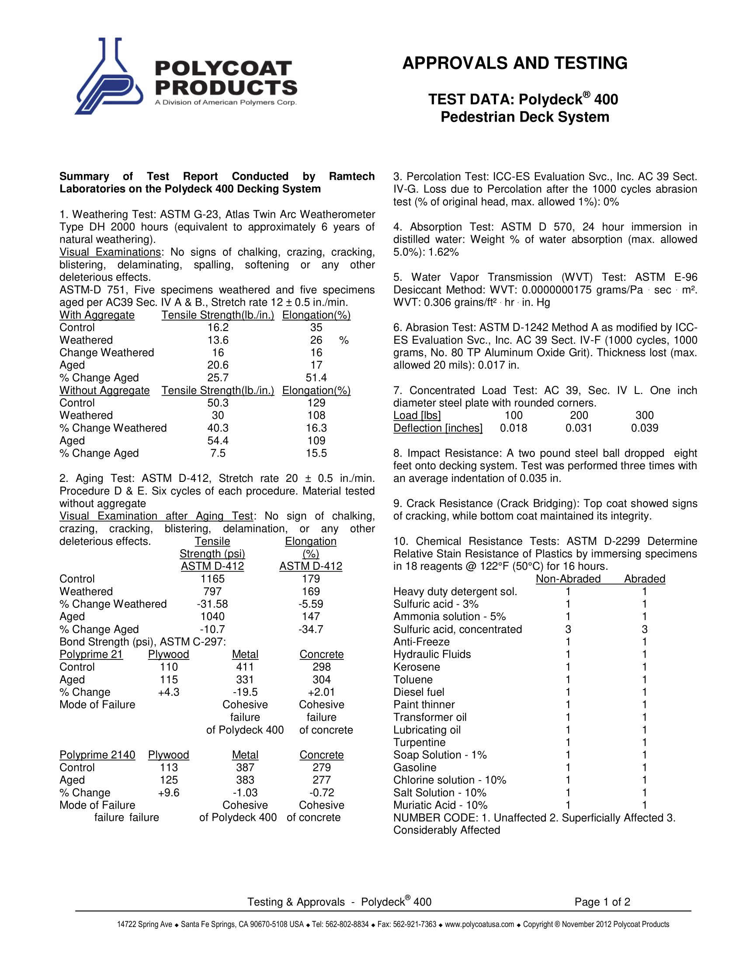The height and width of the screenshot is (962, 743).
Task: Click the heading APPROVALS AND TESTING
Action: [514, 63]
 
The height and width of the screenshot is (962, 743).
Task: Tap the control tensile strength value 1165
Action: [212, 579]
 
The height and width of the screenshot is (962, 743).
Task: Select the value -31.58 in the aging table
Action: [212, 604]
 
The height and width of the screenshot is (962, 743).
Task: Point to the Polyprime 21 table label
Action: [91, 655]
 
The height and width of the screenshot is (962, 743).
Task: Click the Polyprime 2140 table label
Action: [97, 755]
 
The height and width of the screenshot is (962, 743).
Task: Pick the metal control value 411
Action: [245, 667]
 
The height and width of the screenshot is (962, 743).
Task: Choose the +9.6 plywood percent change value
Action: [169, 792]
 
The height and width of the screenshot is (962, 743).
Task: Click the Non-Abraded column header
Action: [568, 579]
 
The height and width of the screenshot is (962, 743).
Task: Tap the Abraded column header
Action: [644, 579]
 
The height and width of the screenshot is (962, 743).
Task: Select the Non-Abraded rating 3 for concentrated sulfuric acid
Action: [568, 629]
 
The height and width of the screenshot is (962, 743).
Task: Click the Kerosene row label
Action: [417, 667]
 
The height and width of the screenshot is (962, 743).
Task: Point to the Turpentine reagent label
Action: [419, 742]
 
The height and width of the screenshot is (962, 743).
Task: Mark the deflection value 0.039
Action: [644, 428]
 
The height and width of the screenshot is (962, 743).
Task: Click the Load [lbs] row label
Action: [417, 415]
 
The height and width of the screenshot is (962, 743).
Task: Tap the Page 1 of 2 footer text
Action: [602, 902]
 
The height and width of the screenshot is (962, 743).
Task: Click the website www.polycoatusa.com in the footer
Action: [479, 924]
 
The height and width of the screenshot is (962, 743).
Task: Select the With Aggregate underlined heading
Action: [97, 315]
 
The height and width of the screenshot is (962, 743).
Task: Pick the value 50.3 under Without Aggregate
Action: [218, 403]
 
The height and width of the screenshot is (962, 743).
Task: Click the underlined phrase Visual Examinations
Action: [110, 252]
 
